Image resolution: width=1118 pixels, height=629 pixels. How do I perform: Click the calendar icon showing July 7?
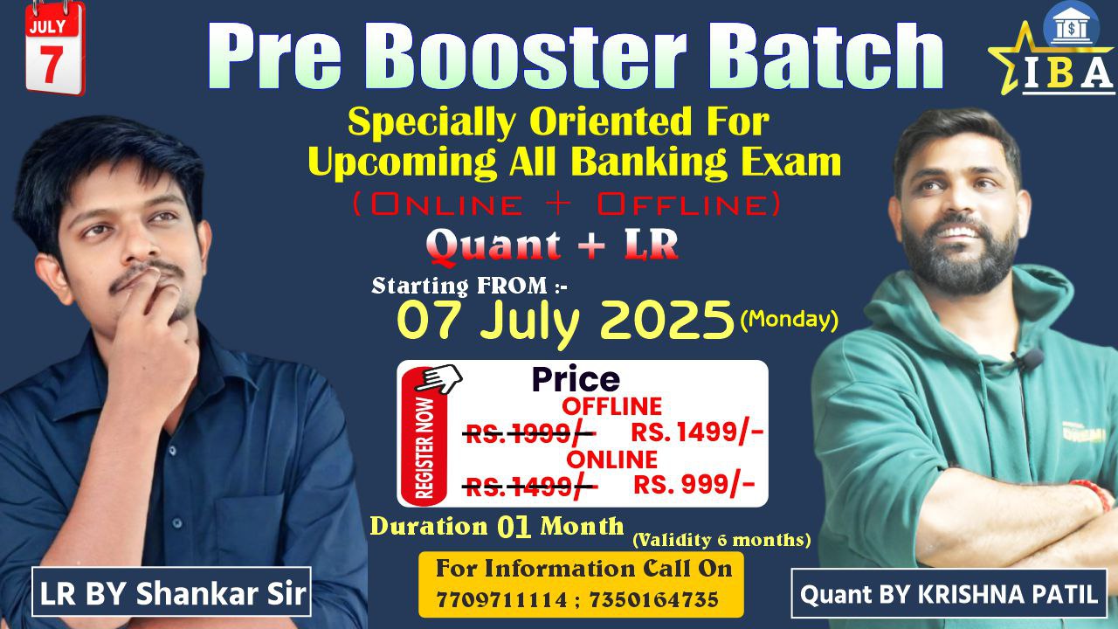[54, 47]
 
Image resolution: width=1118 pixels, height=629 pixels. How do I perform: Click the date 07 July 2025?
[565, 321]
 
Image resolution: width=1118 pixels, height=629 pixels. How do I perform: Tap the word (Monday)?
[789, 320]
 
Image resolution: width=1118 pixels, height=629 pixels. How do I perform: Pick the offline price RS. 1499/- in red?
[697, 432]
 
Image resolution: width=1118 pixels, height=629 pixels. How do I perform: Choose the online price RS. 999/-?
[694, 485]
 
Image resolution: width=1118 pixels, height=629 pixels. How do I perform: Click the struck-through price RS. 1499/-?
[529, 486]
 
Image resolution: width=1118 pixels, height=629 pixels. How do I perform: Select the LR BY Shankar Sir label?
[173, 594]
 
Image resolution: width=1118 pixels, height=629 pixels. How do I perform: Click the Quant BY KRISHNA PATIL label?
[949, 595]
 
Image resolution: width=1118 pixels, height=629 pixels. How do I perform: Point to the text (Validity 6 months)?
[721, 540]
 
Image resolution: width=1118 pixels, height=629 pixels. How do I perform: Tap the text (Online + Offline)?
[566, 204]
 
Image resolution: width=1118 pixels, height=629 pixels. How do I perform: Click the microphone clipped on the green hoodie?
[1032, 358]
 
